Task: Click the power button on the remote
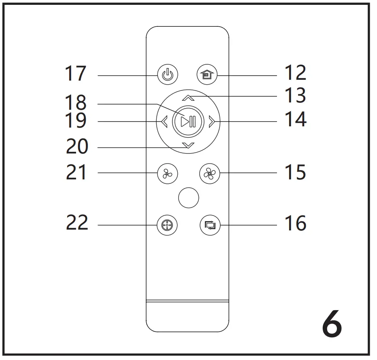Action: coord(167,75)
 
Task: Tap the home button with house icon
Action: coord(207,75)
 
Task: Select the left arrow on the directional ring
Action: coord(164,121)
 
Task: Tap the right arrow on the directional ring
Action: coord(211,121)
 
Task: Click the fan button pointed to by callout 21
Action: coord(167,174)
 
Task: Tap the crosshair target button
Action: coord(167,225)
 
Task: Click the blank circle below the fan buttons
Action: coord(188,198)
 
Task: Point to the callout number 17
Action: coord(76,74)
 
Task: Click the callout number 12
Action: coord(295,73)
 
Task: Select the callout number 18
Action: coord(76,102)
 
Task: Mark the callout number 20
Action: coord(77,147)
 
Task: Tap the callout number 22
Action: coord(77,222)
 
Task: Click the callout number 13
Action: coord(295,96)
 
